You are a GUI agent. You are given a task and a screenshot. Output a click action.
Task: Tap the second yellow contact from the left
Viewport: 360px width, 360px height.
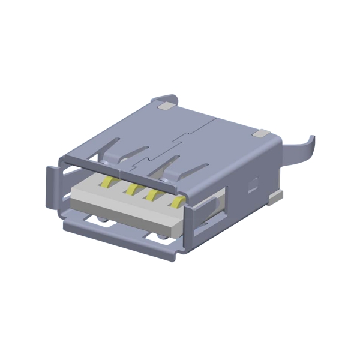tap(131, 189)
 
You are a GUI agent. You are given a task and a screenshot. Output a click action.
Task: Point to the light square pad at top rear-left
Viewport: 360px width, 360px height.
tap(165, 107)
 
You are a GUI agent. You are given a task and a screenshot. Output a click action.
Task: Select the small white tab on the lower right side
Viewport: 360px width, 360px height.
tap(275, 196)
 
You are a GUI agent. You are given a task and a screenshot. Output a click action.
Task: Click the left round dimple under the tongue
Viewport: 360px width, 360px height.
tap(104, 221)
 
